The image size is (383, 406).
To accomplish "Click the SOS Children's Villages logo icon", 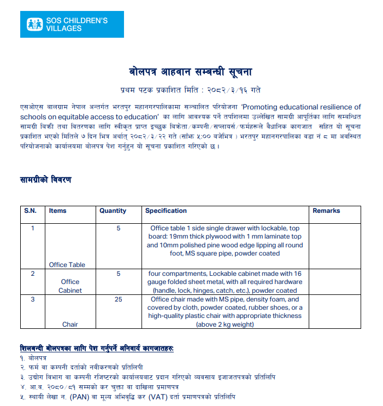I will [37, 25].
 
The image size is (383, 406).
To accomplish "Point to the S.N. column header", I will [29, 211].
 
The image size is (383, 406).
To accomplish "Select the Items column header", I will [57, 211].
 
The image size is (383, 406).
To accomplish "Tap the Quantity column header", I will [113, 211].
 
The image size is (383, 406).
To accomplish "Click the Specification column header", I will [166, 211].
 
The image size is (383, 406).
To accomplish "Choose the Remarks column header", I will [326, 211].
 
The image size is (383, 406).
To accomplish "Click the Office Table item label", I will [67, 265].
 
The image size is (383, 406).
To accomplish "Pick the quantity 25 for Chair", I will [119, 299].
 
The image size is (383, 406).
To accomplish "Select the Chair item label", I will [70, 324].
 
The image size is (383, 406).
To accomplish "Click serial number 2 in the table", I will [33, 273].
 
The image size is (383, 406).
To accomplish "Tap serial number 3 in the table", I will [33, 299].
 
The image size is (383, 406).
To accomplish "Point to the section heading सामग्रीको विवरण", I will [45, 179].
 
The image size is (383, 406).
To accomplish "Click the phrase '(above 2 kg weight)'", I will [225, 324].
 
